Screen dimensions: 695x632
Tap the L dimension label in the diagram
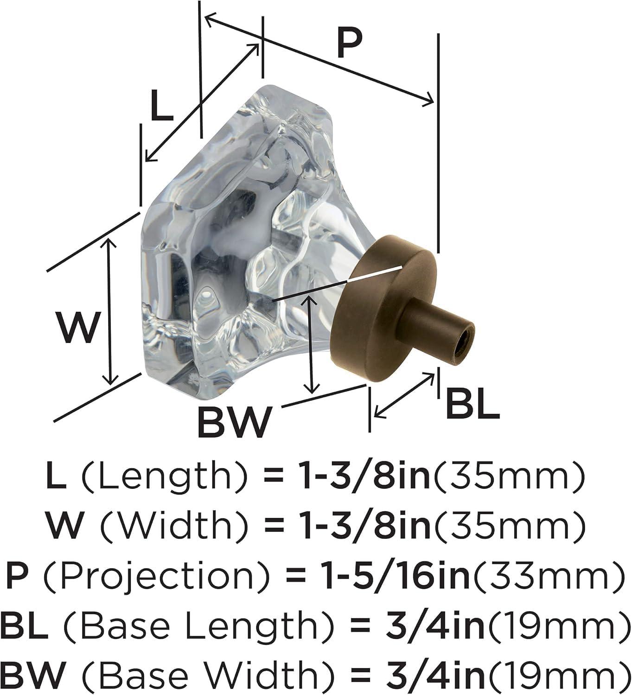click(162, 106)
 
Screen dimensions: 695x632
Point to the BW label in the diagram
click(233, 422)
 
